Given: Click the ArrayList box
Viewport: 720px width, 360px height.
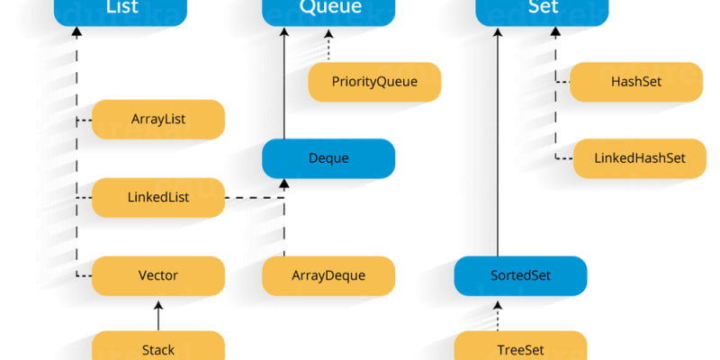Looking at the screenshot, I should click(x=158, y=119).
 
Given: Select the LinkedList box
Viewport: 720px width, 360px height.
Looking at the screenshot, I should click(x=158, y=197).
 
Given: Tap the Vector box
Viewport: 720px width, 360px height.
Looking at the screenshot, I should click(x=158, y=275).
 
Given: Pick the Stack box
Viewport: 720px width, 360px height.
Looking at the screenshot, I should click(x=158, y=347).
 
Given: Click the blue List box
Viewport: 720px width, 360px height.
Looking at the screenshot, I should click(x=121, y=10).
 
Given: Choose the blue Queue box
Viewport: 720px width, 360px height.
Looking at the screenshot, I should click(x=328, y=10).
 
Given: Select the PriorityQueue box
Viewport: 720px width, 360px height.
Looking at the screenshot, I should click(x=375, y=82).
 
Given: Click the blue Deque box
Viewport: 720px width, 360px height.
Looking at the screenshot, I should click(x=328, y=158).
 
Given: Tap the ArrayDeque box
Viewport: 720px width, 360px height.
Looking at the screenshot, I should click(x=328, y=275).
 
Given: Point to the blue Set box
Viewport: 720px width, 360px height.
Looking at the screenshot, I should click(x=543, y=10).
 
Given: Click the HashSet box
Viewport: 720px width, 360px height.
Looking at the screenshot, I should click(x=636, y=82).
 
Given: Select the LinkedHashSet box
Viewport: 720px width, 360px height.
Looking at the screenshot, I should click(x=640, y=158).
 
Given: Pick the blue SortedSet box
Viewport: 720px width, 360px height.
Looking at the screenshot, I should click(x=520, y=275).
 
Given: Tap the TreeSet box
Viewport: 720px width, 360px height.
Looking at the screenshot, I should click(x=520, y=347).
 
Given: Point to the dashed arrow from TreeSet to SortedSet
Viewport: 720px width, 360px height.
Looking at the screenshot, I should click(x=498, y=315).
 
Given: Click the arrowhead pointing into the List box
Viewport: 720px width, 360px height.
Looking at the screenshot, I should click(x=76, y=31).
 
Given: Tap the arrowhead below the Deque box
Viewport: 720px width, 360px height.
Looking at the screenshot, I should click(x=284, y=184).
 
